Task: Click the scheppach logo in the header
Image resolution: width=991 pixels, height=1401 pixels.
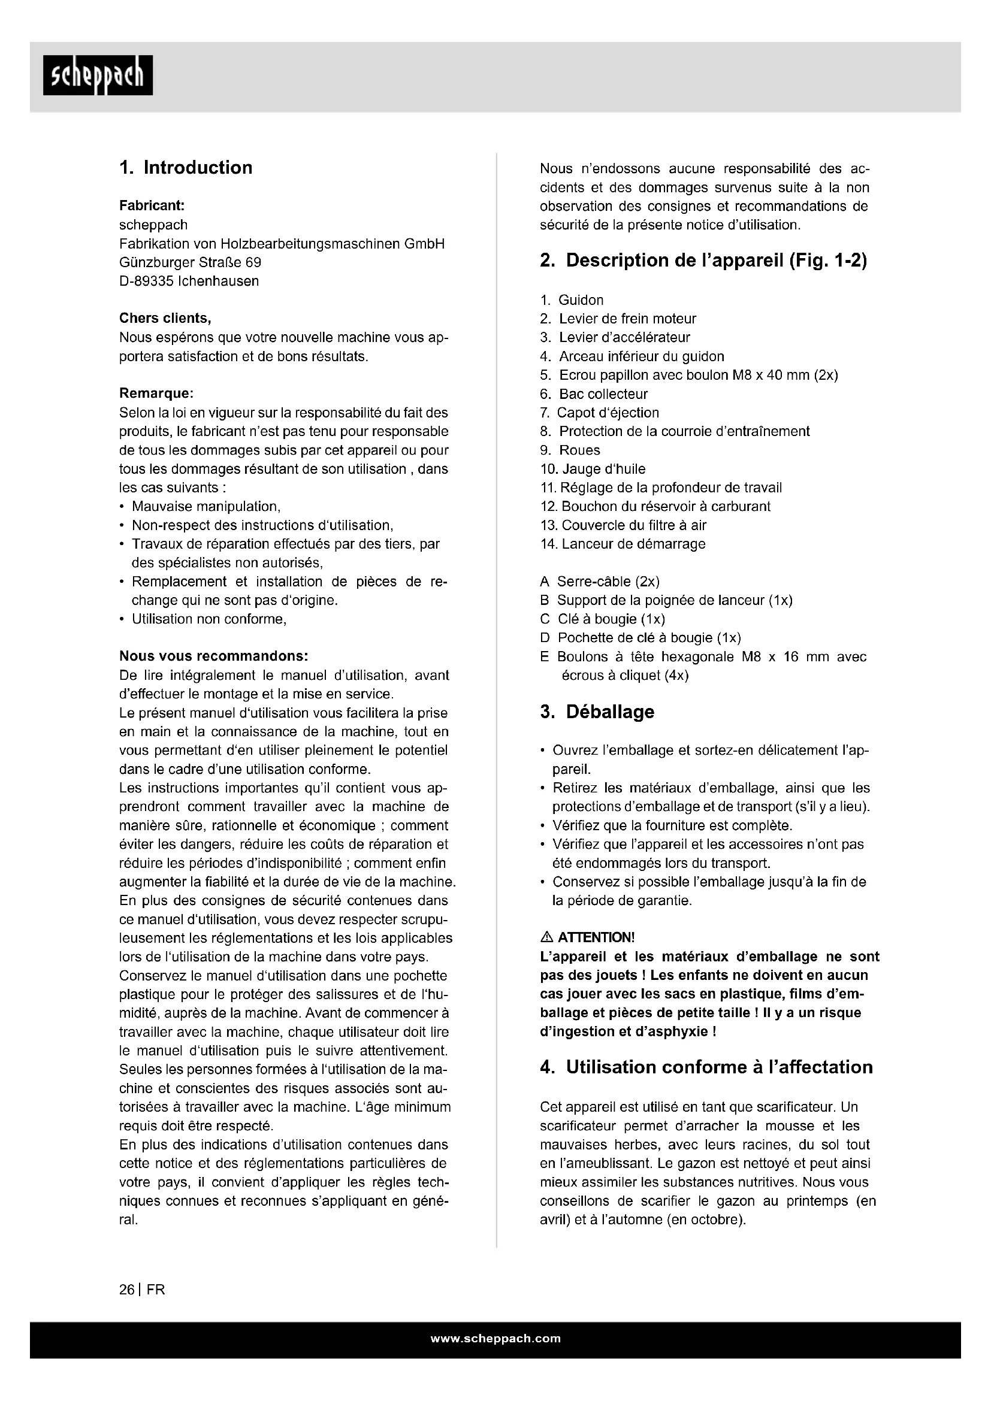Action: click(x=98, y=75)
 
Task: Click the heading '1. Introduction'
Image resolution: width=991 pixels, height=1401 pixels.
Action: click(x=186, y=168)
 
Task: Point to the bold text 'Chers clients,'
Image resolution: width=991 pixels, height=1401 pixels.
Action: click(x=165, y=319)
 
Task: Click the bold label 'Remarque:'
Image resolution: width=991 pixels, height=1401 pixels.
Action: click(x=156, y=394)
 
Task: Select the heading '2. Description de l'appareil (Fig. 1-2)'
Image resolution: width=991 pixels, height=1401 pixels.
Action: click(x=703, y=261)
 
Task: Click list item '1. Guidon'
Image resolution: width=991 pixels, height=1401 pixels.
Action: click(x=572, y=300)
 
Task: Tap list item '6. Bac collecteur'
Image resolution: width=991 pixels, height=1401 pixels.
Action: click(x=594, y=394)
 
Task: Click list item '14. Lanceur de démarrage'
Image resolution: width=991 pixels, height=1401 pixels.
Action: click(x=623, y=544)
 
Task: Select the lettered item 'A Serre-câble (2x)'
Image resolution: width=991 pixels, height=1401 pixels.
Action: click(x=599, y=582)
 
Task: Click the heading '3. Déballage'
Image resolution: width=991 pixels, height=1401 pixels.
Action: click(x=597, y=712)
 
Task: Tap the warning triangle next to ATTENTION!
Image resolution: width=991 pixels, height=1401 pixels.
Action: click(x=547, y=937)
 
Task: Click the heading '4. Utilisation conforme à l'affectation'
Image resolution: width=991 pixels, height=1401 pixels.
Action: click(x=706, y=1067)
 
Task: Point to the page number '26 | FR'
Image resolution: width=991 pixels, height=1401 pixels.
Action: click(x=142, y=1290)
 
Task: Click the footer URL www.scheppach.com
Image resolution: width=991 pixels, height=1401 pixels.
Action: click(x=496, y=1338)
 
